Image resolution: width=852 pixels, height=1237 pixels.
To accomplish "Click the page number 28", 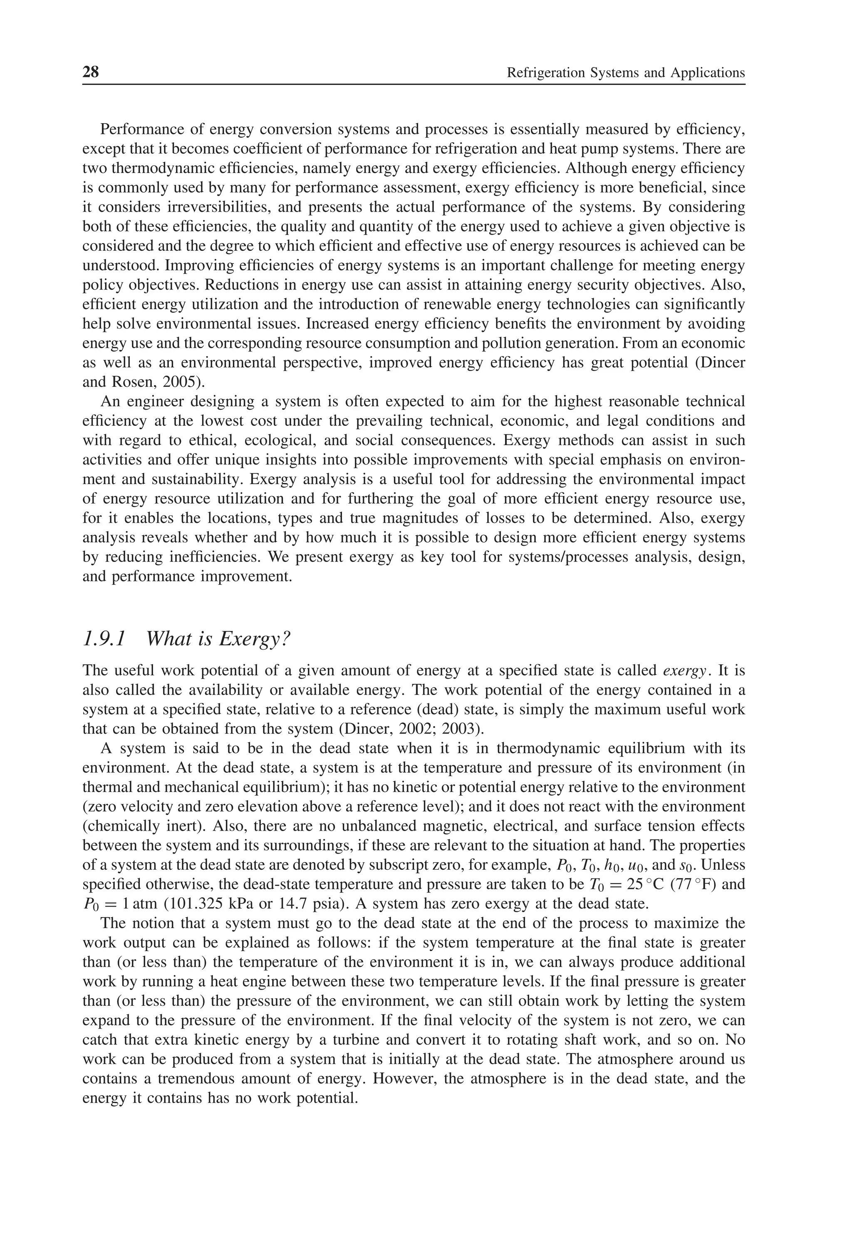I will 91,72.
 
